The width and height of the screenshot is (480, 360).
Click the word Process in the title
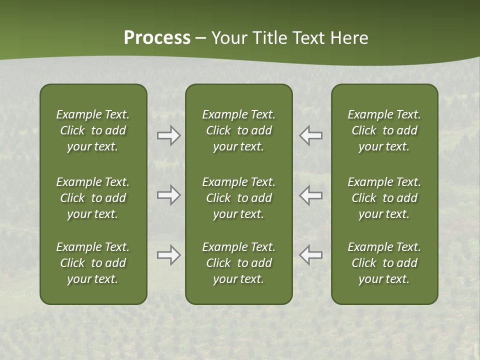click(x=157, y=38)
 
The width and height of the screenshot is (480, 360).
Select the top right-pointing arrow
click(x=168, y=135)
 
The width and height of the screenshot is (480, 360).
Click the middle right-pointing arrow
click(x=168, y=195)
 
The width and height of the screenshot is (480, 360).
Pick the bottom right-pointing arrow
click(x=168, y=255)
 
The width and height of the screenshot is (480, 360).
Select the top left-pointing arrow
click(x=311, y=135)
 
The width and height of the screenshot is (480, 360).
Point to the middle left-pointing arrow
click(x=311, y=195)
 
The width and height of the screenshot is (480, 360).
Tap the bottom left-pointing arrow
click(x=311, y=255)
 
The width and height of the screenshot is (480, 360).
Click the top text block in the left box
click(x=93, y=130)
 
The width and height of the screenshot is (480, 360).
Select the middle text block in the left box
click(x=93, y=198)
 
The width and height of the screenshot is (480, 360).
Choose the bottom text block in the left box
click(x=93, y=263)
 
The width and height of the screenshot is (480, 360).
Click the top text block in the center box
click(x=239, y=130)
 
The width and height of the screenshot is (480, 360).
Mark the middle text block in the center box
click(x=239, y=198)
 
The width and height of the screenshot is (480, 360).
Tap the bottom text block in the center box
click(x=239, y=263)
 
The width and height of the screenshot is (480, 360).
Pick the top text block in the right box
click(x=384, y=130)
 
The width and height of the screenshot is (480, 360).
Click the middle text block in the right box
click(x=384, y=198)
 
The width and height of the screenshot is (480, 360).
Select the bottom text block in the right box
click(x=384, y=263)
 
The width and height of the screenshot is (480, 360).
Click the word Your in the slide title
click(x=227, y=38)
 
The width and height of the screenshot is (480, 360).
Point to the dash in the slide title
click(x=201, y=39)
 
